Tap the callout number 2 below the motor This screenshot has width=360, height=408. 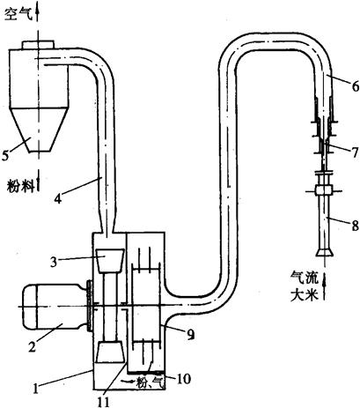point(32,346)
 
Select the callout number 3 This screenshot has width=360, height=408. point(53,263)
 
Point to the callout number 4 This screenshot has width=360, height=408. point(58,198)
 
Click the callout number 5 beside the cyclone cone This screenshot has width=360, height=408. point(5,155)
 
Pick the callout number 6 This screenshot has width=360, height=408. point(355,86)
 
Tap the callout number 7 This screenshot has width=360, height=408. point(355,152)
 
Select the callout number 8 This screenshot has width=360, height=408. point(355,226)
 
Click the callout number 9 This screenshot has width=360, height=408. point(191,334)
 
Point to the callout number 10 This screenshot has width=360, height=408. point(183,379)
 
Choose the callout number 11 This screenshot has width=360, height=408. point(103,402)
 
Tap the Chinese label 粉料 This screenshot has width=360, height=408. point(20,186)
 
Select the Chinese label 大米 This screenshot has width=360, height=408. point(305,295)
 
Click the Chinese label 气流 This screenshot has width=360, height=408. point(305,278)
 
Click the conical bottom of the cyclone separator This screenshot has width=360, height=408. point(39,130)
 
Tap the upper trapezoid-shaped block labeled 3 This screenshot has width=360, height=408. point(110,261)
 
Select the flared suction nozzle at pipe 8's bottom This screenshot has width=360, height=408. point(324,252)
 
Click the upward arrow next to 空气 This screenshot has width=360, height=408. point(38,11)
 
